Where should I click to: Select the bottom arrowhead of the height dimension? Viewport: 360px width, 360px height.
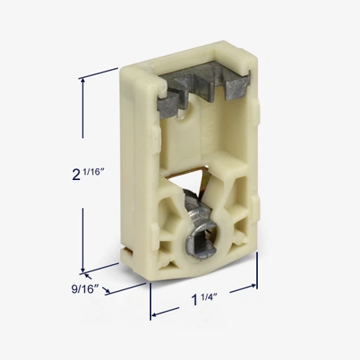83,268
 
